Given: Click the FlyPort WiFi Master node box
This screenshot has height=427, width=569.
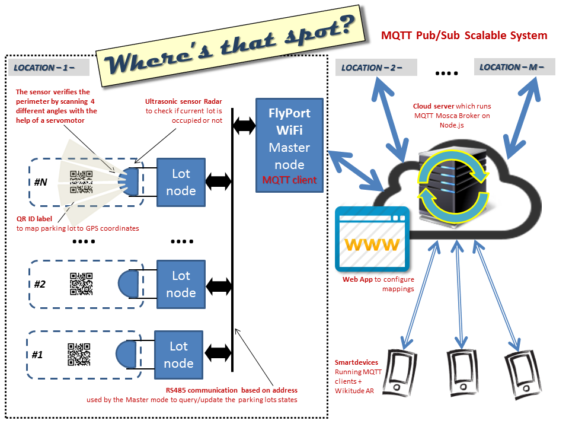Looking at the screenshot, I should [290, 145].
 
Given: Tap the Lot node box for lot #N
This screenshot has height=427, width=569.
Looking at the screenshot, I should [181, 182].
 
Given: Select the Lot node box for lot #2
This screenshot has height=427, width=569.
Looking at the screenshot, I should [181, 283].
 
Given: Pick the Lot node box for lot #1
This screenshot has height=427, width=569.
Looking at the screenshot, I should [178, 355].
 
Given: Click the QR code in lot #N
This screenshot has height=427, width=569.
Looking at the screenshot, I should [82, 182].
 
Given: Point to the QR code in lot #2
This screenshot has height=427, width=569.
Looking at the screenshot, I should [82, 283].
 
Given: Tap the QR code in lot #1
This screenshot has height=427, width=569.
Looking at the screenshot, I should [79, 355].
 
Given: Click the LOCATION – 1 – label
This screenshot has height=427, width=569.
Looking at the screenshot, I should [48, 68].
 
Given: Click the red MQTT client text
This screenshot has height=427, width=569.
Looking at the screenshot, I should [290, 179].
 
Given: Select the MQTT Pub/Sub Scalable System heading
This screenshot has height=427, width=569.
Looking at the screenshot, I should [464, 36].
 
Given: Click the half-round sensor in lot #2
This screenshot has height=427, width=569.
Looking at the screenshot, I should [129, 283].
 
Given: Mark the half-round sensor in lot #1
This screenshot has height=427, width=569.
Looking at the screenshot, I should [126, 355].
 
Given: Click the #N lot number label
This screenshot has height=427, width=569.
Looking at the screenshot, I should [40, 182].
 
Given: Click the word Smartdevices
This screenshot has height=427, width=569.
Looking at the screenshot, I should [356, 362].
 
